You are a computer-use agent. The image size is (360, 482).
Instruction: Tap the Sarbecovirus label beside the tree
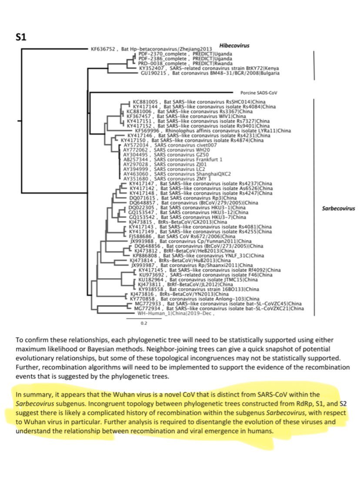[338, 208]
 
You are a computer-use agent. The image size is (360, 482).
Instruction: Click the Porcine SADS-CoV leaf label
[259, 93]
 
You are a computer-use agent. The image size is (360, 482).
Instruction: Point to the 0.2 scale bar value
[143, 323]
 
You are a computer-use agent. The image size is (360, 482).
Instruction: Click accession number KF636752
[103, 49]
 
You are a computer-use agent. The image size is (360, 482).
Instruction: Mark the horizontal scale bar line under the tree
[143, 318]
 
